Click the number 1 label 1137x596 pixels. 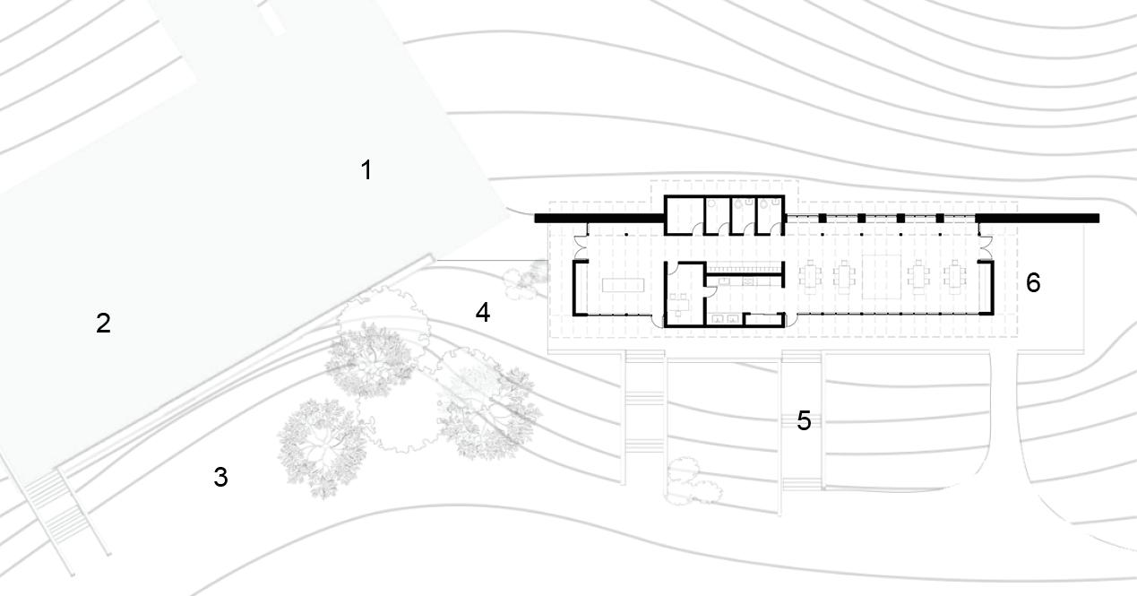(366, 169)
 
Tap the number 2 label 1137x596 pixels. (103, 324)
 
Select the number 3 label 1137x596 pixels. (220, 478)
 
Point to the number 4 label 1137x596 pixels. (483, 313)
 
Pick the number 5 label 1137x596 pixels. (804, 420)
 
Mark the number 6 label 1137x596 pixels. (1033, 283)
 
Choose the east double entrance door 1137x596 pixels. (986, 242)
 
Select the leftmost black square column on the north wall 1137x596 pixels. (823, 218)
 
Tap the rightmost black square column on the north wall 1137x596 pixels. (940, 218)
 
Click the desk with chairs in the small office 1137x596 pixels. (676, 303)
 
